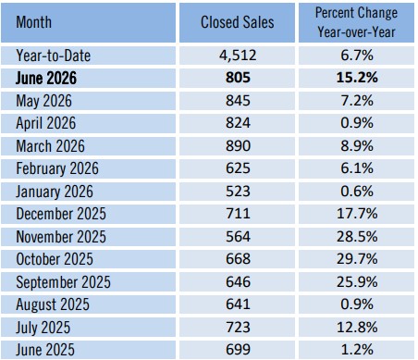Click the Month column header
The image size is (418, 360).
(x=34, y=22)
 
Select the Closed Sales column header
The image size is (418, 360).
(x=238, y=22)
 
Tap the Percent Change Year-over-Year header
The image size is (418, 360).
(x=356, y=22)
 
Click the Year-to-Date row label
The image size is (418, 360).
(x=54, y=56)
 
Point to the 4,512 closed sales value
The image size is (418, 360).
(x=238, y=56)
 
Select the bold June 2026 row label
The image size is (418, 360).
(x=46, y=78)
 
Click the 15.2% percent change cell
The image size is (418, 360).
(x=357, y=78)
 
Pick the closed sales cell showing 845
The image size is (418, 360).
(x=238, y=101)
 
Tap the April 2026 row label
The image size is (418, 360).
(x=46, y=123)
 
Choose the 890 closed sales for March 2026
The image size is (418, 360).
(x=238, y=145)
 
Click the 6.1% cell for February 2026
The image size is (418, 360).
(x=357, y=168)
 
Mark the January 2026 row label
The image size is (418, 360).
(x=55, y=192)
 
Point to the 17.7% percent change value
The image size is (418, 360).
(x=357, y=214)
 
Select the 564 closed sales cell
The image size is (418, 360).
(x=238, y=237)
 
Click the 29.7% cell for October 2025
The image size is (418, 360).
(x=357, y=259)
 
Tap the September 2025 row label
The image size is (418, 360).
(x=63, y=282)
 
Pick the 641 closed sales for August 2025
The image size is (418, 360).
(x=238, y=304)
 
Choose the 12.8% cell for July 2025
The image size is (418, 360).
(x=357, y=328)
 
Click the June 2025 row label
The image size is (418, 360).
(x=45, y=350)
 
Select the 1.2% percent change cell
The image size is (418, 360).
(x=357, y=350)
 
